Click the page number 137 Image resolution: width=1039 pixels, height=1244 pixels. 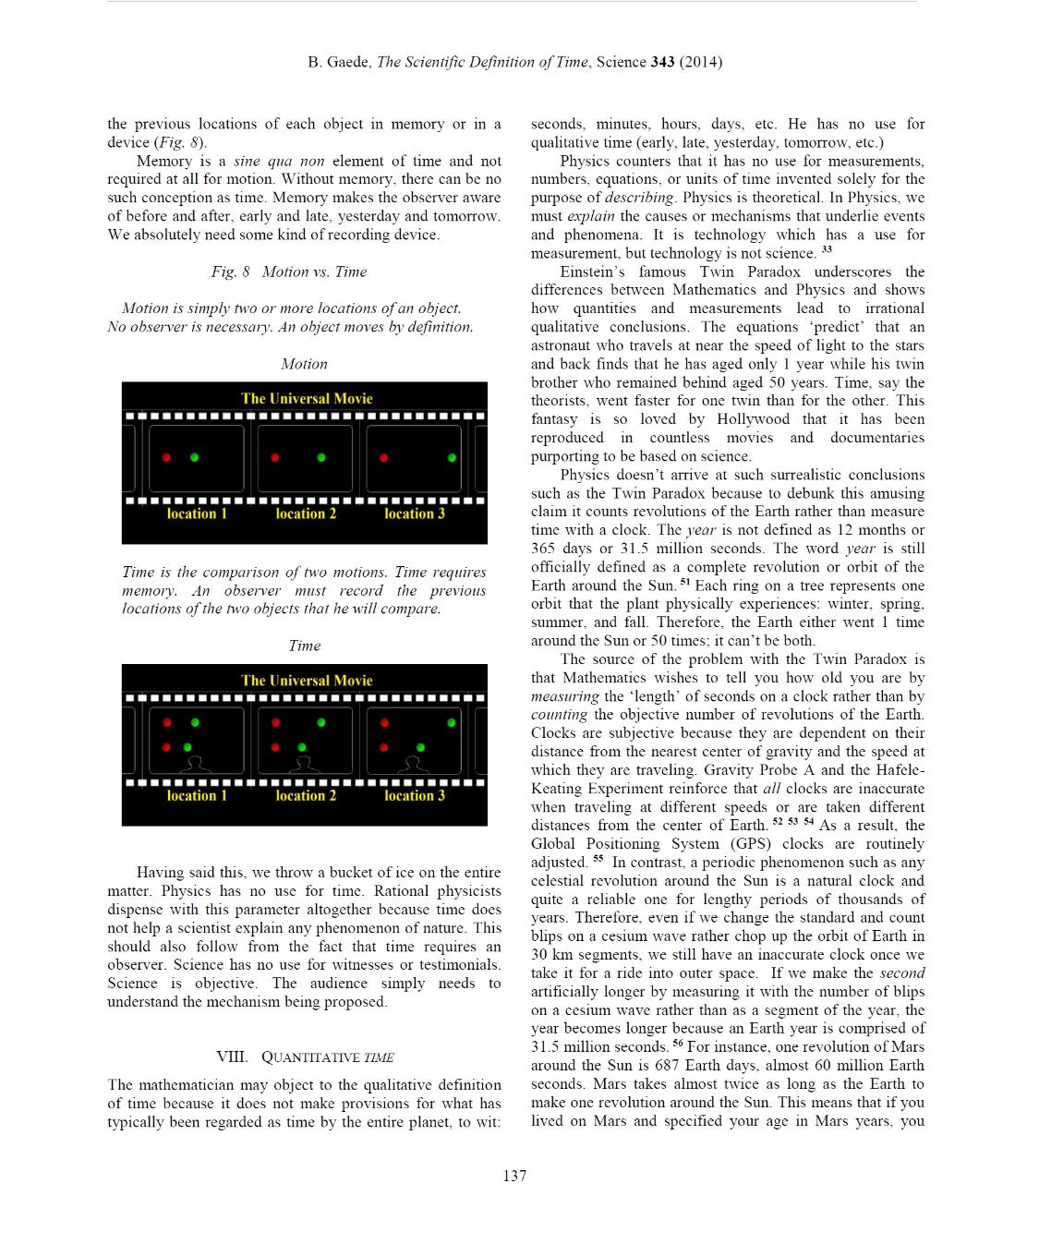point(514,1176)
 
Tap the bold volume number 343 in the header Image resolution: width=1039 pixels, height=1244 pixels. point(662,62)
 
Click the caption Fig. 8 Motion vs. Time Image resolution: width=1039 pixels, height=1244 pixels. point(288,272)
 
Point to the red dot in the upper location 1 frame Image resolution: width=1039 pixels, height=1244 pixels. point(167,457)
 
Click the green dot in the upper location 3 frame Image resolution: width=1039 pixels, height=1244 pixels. point(452,457)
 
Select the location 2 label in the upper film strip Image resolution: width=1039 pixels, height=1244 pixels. point(306,513)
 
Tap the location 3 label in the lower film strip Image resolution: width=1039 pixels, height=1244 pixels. point(415,795)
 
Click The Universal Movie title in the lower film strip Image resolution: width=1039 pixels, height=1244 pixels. point(307,681)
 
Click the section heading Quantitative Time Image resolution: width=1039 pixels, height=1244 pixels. point(305,1057)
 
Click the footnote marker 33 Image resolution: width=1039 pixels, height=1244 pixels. point(827,250)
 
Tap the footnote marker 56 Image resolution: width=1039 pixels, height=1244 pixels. point(678,1044)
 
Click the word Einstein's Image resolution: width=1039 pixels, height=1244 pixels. point(592,272)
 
